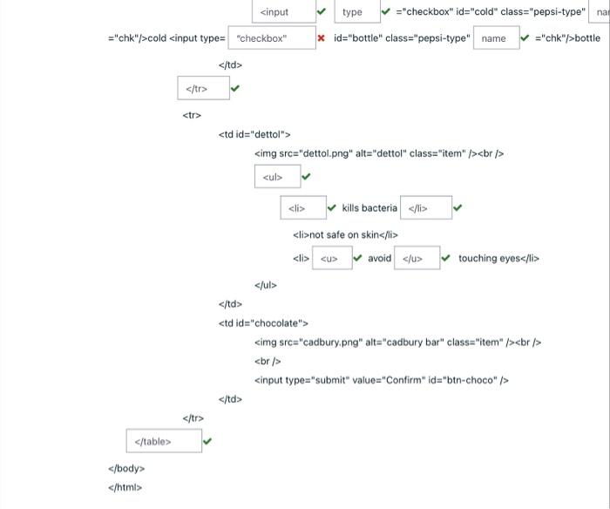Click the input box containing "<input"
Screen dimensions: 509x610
click(282, 11)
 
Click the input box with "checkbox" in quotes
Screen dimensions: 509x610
click(271, 38)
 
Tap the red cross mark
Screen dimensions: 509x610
click(322, 38)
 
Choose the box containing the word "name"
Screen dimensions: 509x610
click(495, 38)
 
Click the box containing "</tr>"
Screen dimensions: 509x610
click(204, 88)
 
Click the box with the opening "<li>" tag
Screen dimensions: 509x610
click(302, 208)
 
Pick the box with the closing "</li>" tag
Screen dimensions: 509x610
click(425, 208)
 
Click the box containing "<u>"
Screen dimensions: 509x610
click(332, 258)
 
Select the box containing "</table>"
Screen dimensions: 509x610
click(163, 442)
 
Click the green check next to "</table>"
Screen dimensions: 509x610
click(207, 442)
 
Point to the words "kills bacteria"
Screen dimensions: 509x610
click(369, 208)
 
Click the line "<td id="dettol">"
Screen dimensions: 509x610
click(254, 134)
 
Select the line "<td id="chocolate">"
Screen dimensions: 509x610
click(263, 323)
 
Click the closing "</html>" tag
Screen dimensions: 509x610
click(125, 487)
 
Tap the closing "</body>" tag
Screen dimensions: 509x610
click(125, 469)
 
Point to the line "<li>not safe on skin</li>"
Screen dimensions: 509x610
click(345, 234)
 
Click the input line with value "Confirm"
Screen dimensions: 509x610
click(381, 380)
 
